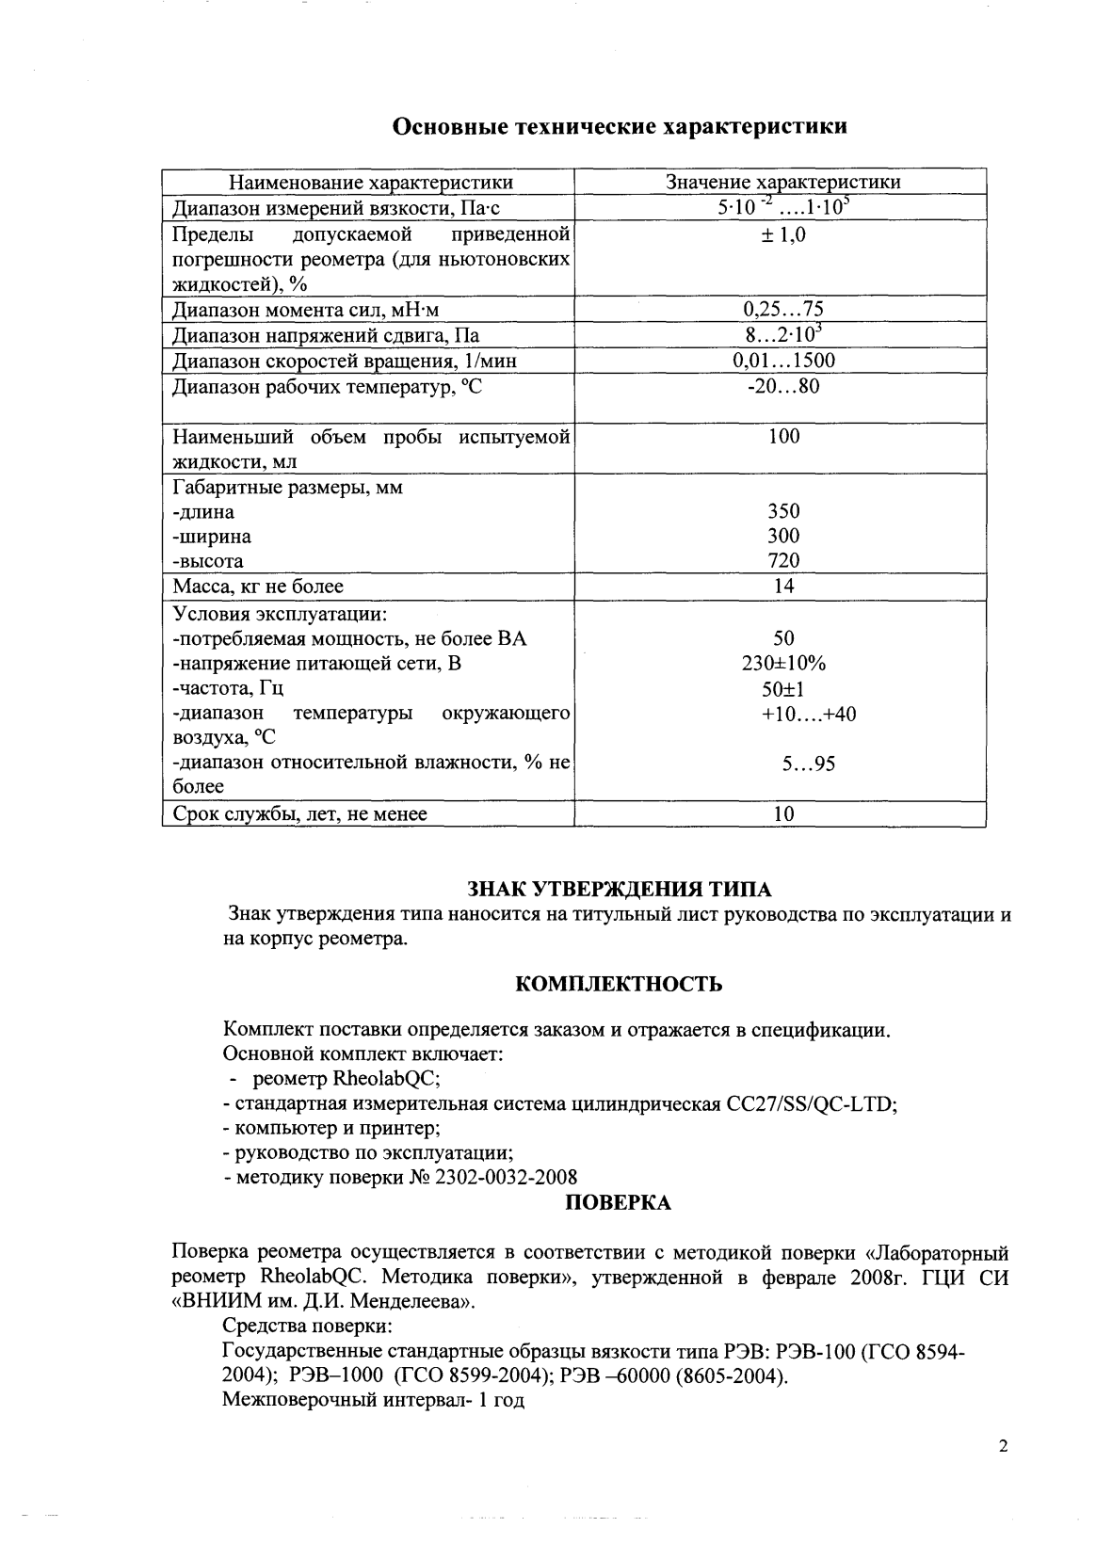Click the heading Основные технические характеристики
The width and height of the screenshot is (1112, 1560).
tap(619, 126)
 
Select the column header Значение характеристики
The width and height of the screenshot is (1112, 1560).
tap(782, 183)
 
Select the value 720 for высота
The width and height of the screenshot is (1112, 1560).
tap(783, 561)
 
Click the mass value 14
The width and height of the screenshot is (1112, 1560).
tap(783, 587)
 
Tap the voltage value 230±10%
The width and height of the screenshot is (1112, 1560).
tap(783, 664)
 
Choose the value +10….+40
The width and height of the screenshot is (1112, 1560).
tap(808, 715)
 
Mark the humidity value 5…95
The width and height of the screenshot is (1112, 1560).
tap(808, 764)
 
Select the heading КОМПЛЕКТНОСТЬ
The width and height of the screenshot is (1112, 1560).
tap(620, 985)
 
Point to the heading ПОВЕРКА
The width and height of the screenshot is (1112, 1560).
tap(619, 1203)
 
